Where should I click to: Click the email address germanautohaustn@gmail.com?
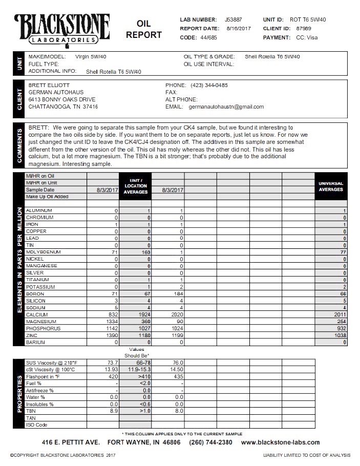click(226, 107)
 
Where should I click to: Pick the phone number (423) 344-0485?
click(209, 85)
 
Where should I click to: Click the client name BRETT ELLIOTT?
click(48, 85)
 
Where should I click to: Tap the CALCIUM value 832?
click(110, 314)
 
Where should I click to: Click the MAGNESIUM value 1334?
click(109, 321)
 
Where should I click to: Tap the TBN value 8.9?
click(113, 411)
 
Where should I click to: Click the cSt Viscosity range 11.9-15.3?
click(136, 369)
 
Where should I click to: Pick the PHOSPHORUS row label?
click(44, 328)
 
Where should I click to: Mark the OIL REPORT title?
click(144, 30)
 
